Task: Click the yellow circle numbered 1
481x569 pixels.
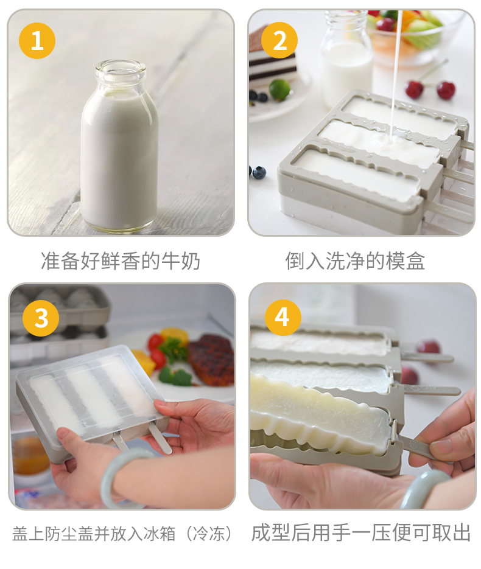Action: (x=37, y=41)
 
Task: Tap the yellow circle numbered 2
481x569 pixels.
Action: (x=279, y=40)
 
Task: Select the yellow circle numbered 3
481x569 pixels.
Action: (x=41, y=318)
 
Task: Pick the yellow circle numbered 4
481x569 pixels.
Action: (x=283, y=318)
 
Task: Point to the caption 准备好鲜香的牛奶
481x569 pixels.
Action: (x=121, y=261)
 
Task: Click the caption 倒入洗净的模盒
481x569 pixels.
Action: (x=355, y=261)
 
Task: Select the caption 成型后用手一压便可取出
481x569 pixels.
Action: (x=361, y=532)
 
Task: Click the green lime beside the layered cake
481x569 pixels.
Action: (x=279, y=89)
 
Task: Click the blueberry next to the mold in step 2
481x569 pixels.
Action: (x=259, y=173)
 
